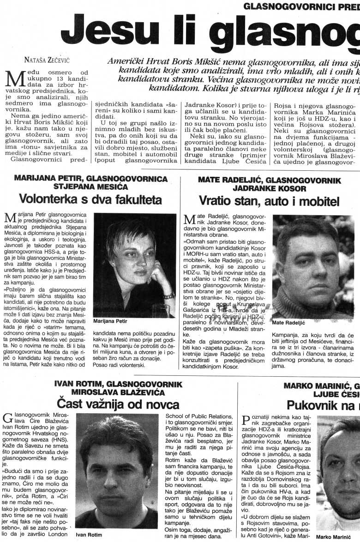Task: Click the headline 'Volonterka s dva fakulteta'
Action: coord(90,199)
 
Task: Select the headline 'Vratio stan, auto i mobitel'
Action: coord(269,201)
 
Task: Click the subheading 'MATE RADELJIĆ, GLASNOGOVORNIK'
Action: coord(269,180)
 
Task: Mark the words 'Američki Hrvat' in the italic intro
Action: coord(134,60)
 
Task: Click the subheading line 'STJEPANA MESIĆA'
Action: coord(91,187)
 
